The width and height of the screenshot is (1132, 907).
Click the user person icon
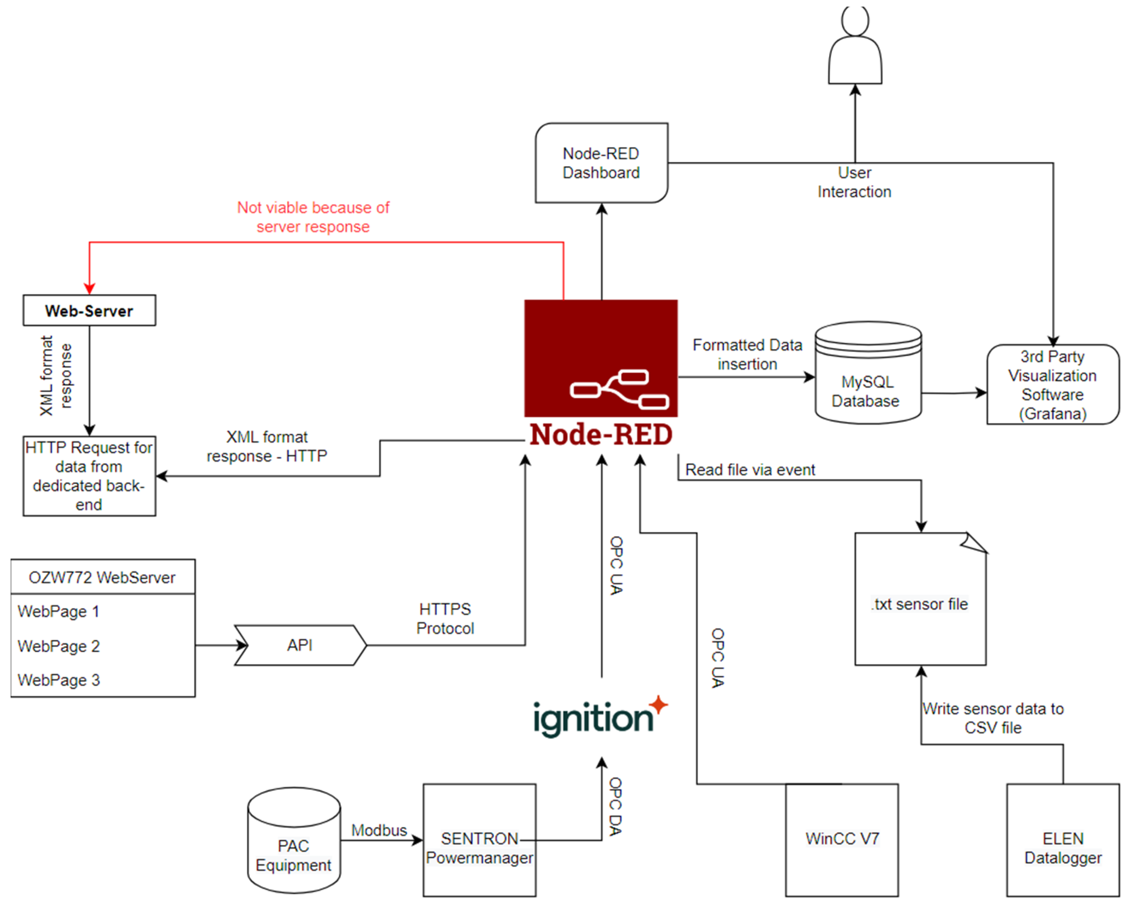pyautogui.click(x=855, y=47)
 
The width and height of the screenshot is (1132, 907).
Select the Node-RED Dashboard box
pyautogui.click(x=601, y=163)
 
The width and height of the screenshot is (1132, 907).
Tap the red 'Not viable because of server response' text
pyautogui.click(x=313, y=217)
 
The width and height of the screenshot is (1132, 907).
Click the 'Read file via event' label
pyautogui.click(x=750, y=470)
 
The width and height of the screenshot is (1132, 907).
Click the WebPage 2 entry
pyautogui.click(x=59, y=646)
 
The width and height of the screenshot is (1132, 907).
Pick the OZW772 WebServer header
pyautogui.click(x=102, y=577)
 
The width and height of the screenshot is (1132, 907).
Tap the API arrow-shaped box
pyautogui.click(x=300, y=645)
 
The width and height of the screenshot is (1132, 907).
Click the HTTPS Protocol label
pyautogui.click(x=445, y=619)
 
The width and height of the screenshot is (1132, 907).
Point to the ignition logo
pyautogui.click(x=598, y=718)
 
